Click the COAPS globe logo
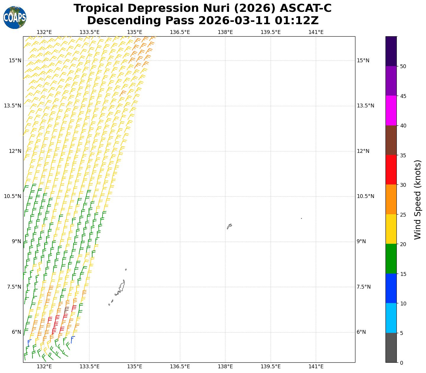pyautogui.click(x=15, y=17)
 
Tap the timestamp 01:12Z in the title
pyautogui.click(x=297, y=21)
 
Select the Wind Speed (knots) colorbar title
pyautogui.click(x=417, y=199)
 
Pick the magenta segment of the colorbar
pyautogui.click(x=391, y=110)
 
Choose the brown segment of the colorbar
pyautogui.click(x=391, y=140)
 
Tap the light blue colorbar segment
pyautogui.click(x=391, y=318)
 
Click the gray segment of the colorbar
pyautogui.click(x=391, y=348)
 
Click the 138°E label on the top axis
pyautogui.click(x=225, y=32)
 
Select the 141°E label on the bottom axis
pyautogui.click(x=316, y=367)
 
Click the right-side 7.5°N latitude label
pyautogui.click(x=364, y=287)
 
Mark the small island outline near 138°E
pyautogui.click(x=229, y=226)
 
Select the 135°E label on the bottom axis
pyautogui.click(x=135, y=367)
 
